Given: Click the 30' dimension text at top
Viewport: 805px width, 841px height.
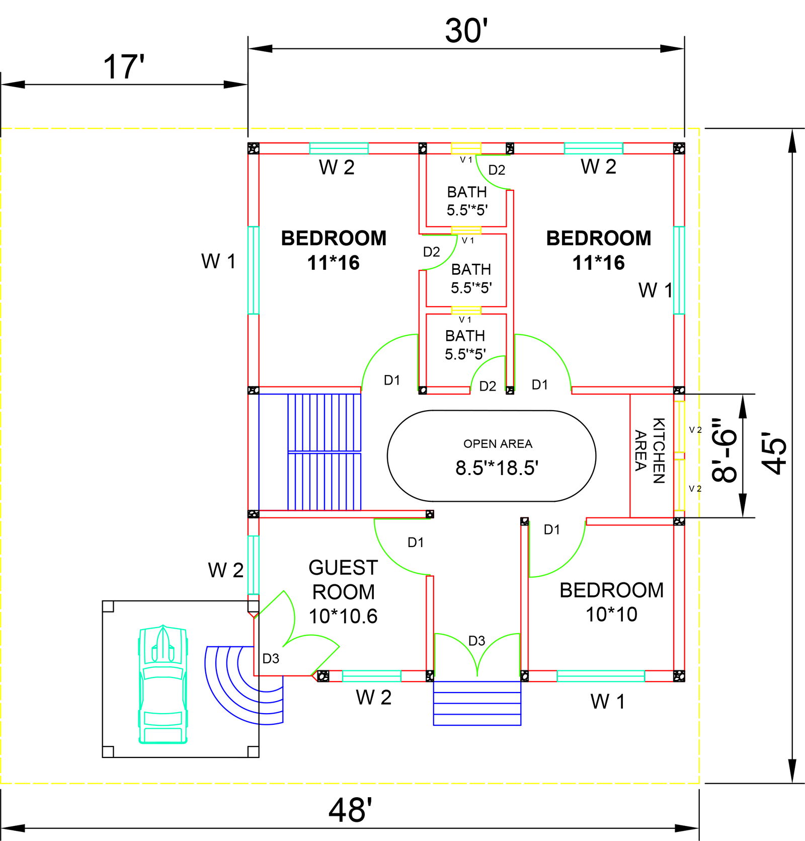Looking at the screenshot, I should (x=466, y=31).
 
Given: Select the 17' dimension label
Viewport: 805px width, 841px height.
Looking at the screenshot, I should (x=123, y=67).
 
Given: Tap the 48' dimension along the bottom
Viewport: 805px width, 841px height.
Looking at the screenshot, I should (x=350, y=810).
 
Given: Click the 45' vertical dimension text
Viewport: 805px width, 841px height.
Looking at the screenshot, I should (x=774, y=453).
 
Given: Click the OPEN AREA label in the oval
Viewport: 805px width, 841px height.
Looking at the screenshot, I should (x=498, y=444).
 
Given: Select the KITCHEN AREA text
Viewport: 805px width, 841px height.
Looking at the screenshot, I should (x=650, y=451).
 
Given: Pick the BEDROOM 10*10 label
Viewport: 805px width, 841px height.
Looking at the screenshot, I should (x=611, y=602).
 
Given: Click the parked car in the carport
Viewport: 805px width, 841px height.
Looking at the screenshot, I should (x=163, y=685).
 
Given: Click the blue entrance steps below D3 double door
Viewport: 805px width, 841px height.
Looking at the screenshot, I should (x=477, y=703).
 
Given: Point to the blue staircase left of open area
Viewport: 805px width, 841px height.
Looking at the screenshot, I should (x=324, y=452).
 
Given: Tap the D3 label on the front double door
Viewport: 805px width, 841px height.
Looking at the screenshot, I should (x=476, y=641).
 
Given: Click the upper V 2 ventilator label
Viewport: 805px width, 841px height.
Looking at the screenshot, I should (x=695, y=430).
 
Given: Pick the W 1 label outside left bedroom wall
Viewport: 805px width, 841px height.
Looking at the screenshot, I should (x=218, y=261).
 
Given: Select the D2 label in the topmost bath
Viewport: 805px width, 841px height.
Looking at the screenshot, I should (x=497, y=170).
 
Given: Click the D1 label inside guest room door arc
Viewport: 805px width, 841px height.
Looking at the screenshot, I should (x=416, y=543).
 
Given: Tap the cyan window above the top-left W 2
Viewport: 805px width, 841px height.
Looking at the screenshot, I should (x=339, y=148).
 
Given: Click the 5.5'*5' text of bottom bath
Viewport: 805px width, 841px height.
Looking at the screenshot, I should (x=465, y=354).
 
